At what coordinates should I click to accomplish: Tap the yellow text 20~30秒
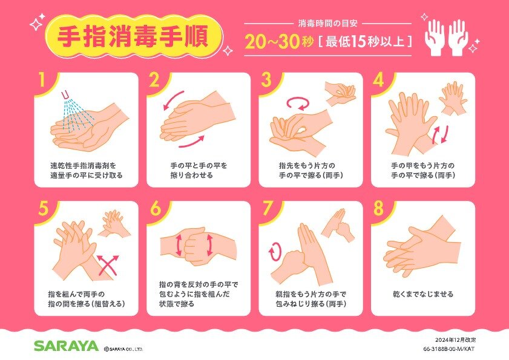[x=280, y=42]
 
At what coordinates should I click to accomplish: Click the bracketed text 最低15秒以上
[x=365, y=42]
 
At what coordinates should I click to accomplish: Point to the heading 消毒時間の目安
[x=328, y=24]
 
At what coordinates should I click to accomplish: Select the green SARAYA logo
[x=66, y=345]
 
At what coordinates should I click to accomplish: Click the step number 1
[x=42, y=80]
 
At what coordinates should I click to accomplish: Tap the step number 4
[x=378, y=80]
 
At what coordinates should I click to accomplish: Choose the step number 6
[x=156, y=208]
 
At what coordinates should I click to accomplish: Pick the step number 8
[x=378, y=208]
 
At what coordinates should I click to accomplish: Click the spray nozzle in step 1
[x=66, y=95]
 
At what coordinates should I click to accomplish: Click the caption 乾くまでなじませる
[x=423, y=295]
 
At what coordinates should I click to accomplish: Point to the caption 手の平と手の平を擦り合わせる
[x=199, y=171]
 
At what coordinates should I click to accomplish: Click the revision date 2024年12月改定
[x=456, y=340]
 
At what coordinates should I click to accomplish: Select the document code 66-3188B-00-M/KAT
[x=449, y=349]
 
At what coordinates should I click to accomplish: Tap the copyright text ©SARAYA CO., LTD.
[x=123, y=349]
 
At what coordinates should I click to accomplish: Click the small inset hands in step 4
[x=453, y=99]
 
